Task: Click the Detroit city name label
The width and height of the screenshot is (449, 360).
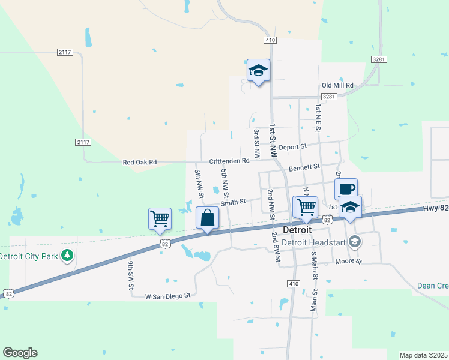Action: pos(297,230)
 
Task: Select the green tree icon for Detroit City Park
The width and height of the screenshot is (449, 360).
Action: pos(67,256)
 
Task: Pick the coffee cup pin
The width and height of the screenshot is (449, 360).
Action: pos(346,189)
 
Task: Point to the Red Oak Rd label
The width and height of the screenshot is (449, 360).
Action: pos(139,162)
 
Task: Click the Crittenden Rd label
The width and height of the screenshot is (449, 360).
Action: pos(229,161)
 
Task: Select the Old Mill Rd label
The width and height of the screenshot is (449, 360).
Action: pos(337,86)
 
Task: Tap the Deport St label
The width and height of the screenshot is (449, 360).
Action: pos(292,146)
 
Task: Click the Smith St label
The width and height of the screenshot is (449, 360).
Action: pos(234,202)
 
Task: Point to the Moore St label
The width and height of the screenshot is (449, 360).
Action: pos(349,262)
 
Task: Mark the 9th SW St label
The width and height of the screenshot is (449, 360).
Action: pos(130,275)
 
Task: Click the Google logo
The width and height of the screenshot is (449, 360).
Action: pos(20,353)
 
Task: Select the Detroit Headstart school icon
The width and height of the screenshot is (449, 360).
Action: pos(355,242)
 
